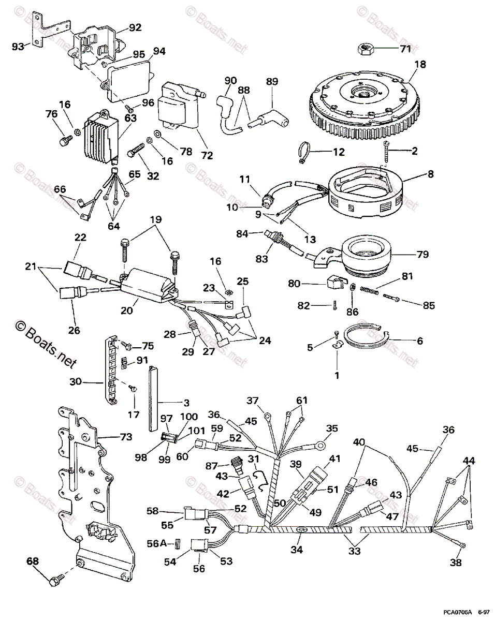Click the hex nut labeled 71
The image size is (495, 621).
366,49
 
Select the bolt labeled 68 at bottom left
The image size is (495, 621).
56,581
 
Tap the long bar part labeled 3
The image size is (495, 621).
153,397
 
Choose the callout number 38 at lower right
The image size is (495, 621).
455,563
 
